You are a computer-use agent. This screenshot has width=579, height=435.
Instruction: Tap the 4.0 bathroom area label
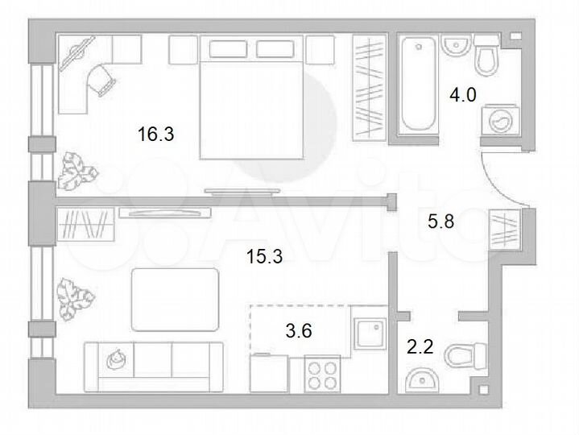pyautogui.click(x=463, y=95)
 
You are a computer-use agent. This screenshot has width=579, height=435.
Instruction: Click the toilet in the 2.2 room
pyautogui.click(x=466, y=354)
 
